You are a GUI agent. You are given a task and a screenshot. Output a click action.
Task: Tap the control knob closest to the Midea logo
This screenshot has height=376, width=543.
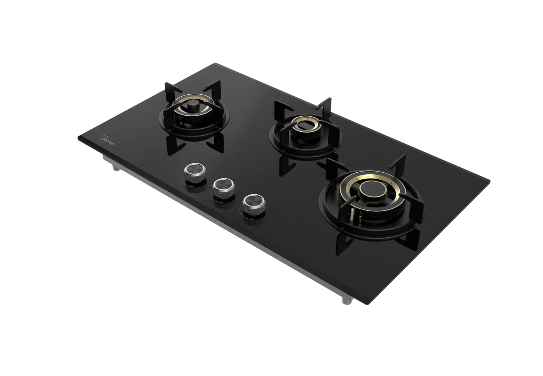pyautogui.click(x=192, y=171)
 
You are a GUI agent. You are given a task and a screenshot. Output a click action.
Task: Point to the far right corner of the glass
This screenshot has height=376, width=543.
pyautogui.click(x=491, y=179)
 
